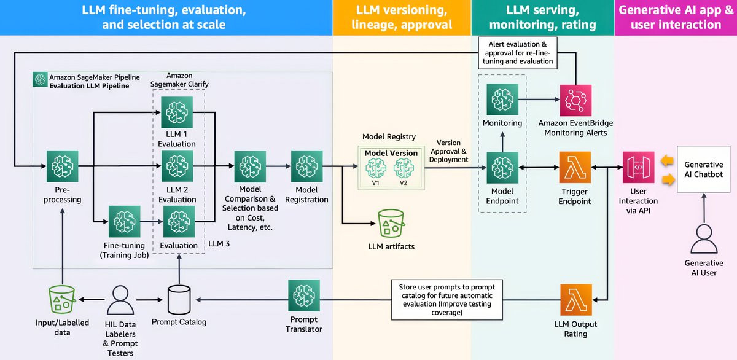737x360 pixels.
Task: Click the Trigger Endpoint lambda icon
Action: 575,167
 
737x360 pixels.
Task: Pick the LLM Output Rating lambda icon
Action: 575,300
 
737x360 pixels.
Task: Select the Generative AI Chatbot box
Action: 703,170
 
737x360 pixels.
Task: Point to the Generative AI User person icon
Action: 703,240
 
